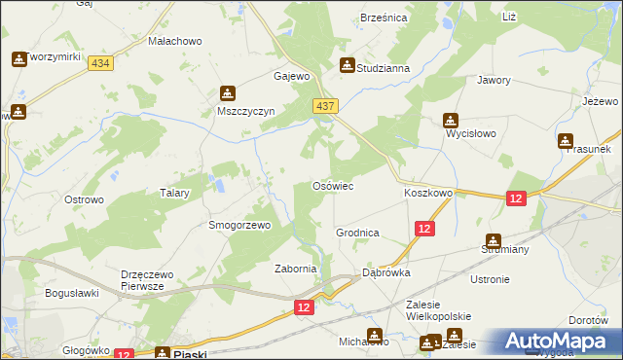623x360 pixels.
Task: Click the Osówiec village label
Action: (332, 185)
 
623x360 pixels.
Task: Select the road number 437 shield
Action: (325, 105)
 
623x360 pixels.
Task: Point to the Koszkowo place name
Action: (428, 194)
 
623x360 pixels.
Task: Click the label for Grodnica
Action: (357, 234)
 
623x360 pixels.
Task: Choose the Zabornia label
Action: (296, 270)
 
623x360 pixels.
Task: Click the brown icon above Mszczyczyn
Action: (227, 93)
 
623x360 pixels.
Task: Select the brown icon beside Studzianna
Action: (347, 66)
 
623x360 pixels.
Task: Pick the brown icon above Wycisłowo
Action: (450, 121)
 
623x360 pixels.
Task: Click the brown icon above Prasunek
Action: (566, 139)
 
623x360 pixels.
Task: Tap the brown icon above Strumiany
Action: (493, 240)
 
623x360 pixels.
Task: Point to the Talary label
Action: (174, 194)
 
